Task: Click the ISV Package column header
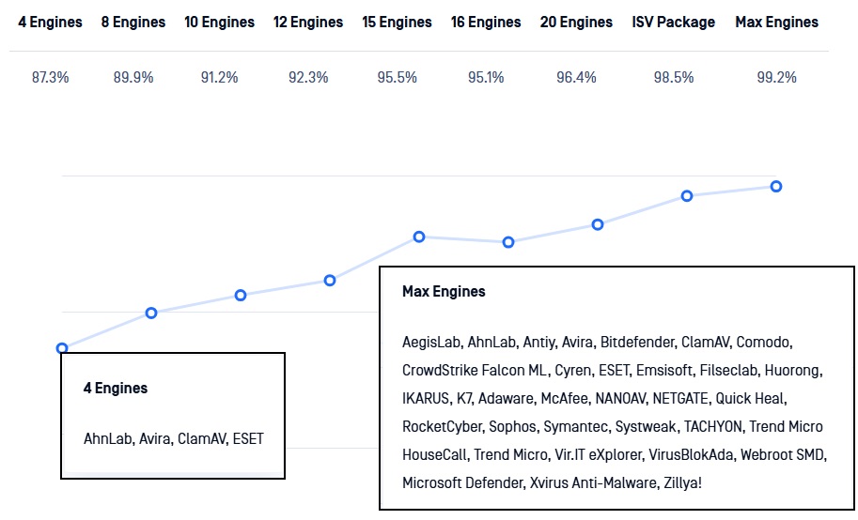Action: pos(673,22)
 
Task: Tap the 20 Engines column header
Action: pos(576,22)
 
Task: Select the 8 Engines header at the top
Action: pos(133,22)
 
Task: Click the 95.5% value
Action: pos(397,78)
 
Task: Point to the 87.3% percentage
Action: pos(51,78)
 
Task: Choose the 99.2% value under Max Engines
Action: pos(776,78)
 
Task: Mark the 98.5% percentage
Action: pos(673,78)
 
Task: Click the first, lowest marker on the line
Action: pos(62,348)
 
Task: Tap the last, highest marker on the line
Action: pos(776,186)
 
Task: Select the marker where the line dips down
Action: pos(508,242)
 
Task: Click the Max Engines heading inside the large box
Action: pos(444,291)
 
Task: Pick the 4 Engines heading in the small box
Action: pos(115,388)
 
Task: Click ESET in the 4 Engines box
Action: pos(248,438)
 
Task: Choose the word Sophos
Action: pos(513,426)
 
